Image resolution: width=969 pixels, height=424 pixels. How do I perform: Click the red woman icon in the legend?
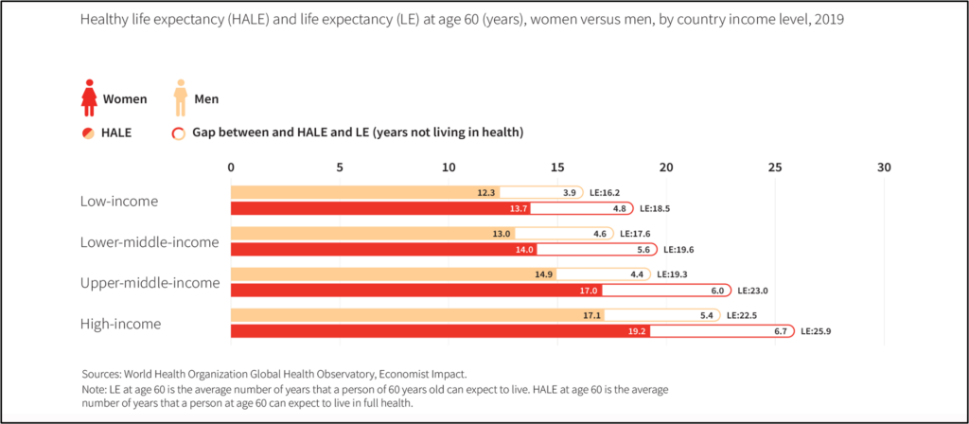pyautogui.click(x=90, y=97)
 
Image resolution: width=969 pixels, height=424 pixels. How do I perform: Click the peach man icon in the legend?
pyautogui.click(x=179, y=97)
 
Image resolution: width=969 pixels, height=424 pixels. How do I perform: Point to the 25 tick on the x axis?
pyautogui.click(x=775, y=167)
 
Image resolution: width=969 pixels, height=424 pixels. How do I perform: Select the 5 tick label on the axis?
pyautogui.click(x=340, y=167)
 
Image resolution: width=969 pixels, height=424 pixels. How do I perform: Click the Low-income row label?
pyautogui.click(x=119, y=201)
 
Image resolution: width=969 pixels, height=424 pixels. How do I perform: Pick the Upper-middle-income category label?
pyautogui.click(x=150, y=282)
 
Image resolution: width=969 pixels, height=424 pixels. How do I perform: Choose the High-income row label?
pyautogui.click(x=120, y=324)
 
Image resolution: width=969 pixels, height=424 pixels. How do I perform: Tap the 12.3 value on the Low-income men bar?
pyautogui.click(x=486, y=192)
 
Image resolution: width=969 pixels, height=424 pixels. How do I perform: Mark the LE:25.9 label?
pyautogui.click(x=819, y=331)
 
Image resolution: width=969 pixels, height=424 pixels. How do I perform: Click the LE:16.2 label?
pyautogui.click(x=607, y=192)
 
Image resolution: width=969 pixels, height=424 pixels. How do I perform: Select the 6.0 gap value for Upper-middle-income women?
pyautogui.click(x=716, y=291)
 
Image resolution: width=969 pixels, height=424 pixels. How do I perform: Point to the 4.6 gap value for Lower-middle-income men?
pyautogui.click(x=599, y=233)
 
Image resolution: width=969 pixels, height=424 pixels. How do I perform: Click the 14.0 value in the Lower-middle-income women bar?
pyautogui.click(x=524, y=250)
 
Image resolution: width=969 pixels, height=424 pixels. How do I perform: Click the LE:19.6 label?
pyautogui.click(x=680, y=250)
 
